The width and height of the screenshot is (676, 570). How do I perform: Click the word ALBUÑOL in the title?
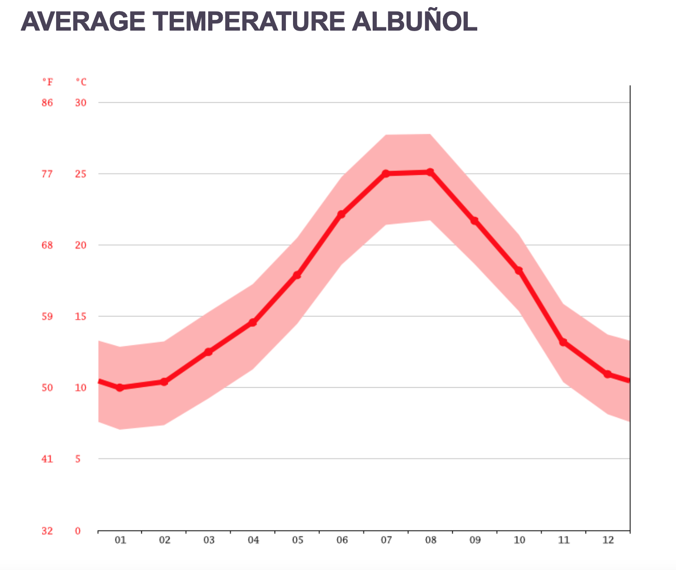click(415, 21)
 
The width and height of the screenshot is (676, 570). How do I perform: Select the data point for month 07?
click(386, 173)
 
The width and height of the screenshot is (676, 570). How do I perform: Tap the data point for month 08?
click(430, 172)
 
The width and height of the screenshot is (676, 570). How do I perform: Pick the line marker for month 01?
click(120, 388)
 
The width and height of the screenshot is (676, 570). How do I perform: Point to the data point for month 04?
click(253, 322)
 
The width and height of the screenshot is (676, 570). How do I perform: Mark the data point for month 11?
click(563, 342)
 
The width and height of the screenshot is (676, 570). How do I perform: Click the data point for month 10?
click(519, 270)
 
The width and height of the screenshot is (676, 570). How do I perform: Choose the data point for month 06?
click(342, 214)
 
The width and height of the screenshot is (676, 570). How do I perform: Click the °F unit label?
click(48, 82)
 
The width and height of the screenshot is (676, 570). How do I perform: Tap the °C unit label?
click(81, 82)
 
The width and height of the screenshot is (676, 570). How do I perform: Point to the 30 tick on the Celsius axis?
click(81, 103)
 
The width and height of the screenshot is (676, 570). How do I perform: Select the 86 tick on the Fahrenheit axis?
click(48, 103)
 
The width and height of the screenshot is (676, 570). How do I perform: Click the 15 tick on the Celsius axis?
click(81, 316)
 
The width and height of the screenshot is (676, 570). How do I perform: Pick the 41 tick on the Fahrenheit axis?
click(48, 459)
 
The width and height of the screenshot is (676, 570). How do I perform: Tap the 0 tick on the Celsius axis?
click(78, 531)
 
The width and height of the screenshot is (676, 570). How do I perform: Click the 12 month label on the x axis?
click(608, 540)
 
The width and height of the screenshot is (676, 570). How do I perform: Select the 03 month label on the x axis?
click(209, 540)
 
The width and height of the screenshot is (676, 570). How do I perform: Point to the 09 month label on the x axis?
click(475, 540)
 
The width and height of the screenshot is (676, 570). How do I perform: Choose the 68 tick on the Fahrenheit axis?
click(48, 245)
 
